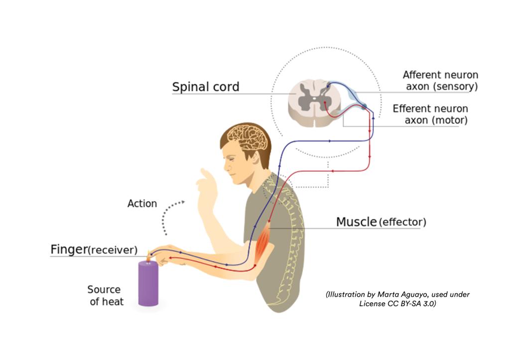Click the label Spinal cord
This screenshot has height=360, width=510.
pos(206,87)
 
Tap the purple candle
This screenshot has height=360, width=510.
pos(148,282)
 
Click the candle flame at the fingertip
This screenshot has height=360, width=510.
pos(148,254)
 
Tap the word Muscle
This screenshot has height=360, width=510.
pos(356,222)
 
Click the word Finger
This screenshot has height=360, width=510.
pos(69,249)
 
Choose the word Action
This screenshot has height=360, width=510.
pos(142,204)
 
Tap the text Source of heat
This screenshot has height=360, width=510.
pos(105,295)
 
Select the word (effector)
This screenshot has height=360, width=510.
pos(402,222)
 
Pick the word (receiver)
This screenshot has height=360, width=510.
pos(113,250)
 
